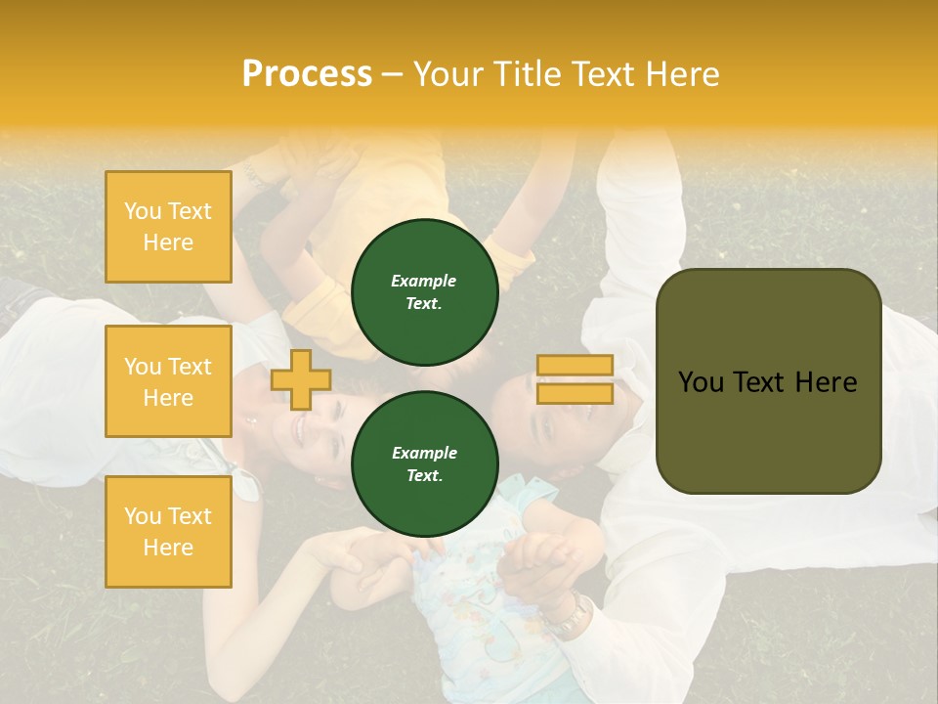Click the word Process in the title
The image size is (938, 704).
tap(307, 74)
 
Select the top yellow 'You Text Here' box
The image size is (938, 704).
tap(168, 227)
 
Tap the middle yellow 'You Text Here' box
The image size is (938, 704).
tap(168, 381)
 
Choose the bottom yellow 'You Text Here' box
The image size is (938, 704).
tap(168, 532)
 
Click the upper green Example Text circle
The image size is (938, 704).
tap(424, 292)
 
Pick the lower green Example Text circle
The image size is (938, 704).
tap(424, 464)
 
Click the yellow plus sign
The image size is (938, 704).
tap(301, 379)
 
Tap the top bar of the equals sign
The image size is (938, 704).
tap(575, 366)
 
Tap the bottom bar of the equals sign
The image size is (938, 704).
tap(575, 393)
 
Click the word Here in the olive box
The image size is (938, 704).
tap(826, 382)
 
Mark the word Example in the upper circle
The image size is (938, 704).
tap(424, 281)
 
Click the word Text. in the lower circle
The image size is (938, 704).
tap(424, 476)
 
